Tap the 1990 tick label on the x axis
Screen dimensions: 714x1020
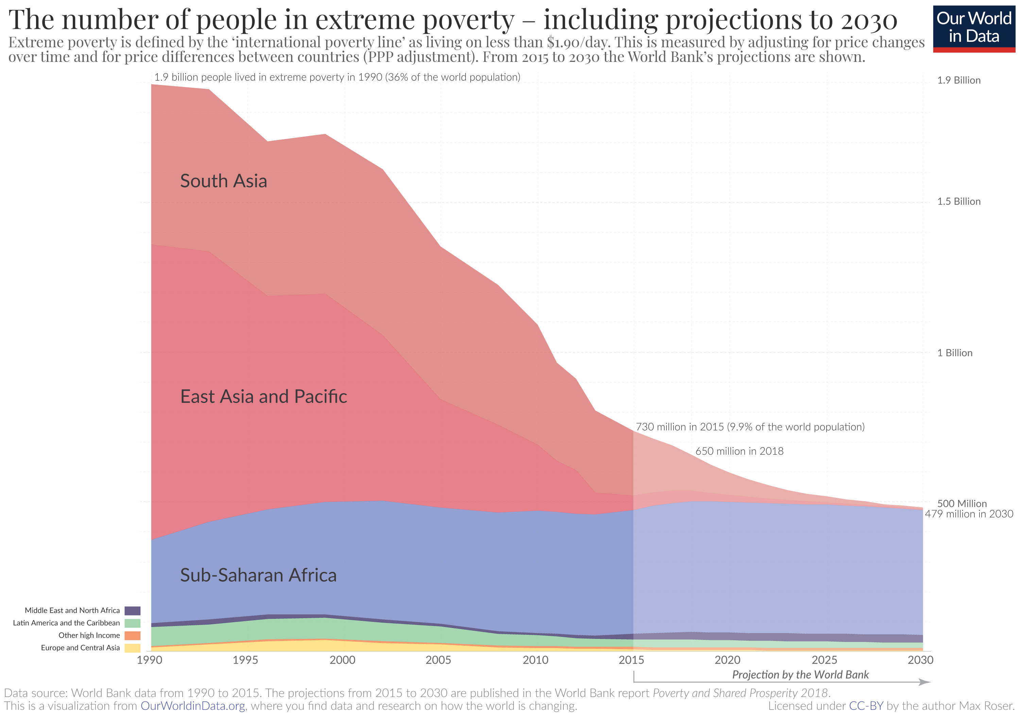pos(150,660)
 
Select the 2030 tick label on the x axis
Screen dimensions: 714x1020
pos(920,660)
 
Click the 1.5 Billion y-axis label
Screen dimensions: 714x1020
pos(959,202)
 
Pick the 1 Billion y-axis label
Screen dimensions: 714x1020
pos(955,353)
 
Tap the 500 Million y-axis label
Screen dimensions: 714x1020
pos(962,504)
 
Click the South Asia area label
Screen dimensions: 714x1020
pos(223,181)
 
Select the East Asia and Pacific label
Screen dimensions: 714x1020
pos(263,396)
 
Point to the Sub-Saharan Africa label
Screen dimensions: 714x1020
pos(258,575)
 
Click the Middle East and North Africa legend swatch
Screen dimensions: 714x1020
pos(132,611)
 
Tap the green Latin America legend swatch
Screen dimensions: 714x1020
pos(132,623)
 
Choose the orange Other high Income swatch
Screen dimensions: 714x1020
pos(132,635)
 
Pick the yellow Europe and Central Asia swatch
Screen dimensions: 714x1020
pos(132,648)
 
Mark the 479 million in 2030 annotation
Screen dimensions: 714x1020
pos(969,514)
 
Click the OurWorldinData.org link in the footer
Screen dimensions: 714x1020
pos(193,706)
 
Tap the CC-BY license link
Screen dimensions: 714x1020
pos(866,706)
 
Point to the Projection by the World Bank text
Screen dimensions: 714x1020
pos(800,675)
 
